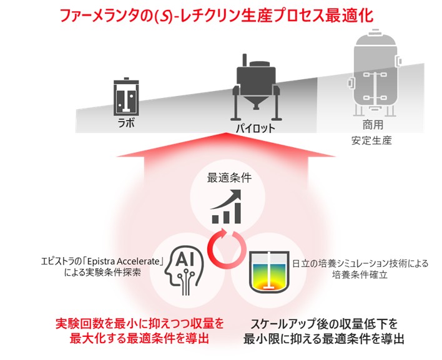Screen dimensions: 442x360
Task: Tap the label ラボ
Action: tap(126, 123)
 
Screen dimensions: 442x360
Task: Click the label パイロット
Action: tap(255, 129)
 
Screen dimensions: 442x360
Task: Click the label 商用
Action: tap(373, 125)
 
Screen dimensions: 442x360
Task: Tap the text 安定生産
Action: tap(371, 140)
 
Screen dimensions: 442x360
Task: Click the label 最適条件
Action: tap(229, 178)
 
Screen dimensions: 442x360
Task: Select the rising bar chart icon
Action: tap(227, 207)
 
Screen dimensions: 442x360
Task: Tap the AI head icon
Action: tap(184, 271)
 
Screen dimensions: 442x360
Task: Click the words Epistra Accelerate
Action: tap(124, 261)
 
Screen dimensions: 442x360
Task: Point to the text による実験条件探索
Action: tap(102, 273)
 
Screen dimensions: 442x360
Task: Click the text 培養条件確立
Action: tap(360, 275)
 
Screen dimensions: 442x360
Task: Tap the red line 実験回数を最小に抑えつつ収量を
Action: tap(140, 323)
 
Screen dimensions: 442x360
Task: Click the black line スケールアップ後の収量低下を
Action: tap(324, 324)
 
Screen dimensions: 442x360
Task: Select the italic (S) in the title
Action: tap(164, 17)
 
